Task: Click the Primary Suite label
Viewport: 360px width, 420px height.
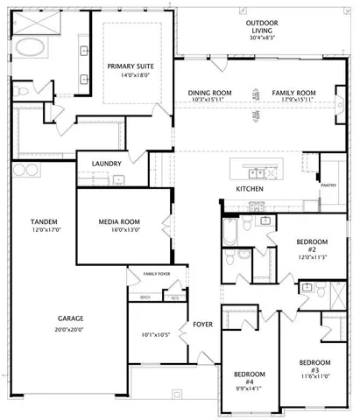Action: click(x=131, y=66)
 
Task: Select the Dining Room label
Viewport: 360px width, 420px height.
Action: click(x=209, y=92)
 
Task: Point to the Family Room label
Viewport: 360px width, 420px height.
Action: click(x=293, y=92)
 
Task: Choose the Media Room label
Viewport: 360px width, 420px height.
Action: click(x=120, y=222)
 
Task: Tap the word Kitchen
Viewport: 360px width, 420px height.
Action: click(x=250, y=189)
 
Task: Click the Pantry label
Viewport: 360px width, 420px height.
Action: click(x=328, y=185)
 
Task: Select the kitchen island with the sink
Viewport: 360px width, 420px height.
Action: click(x=259, y=168)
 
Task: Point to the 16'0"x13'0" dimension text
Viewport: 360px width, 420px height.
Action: click(x=120, y=232)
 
